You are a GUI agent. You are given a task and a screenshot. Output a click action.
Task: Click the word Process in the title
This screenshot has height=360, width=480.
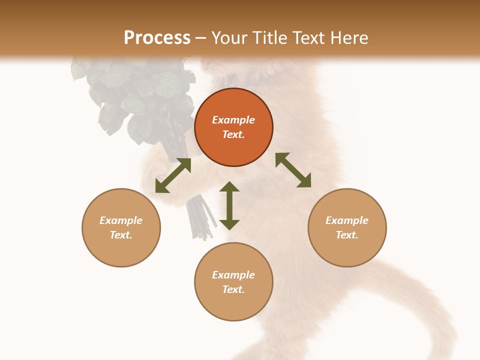[157, 38]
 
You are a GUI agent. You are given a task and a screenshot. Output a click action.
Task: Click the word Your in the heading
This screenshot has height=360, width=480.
[229, 38]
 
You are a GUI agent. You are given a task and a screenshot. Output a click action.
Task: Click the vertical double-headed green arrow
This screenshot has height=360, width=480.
[229, 205]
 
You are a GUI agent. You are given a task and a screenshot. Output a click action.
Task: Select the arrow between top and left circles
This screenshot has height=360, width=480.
[173, 175]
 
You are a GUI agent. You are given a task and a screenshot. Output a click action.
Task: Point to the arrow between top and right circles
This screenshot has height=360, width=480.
[293, 170]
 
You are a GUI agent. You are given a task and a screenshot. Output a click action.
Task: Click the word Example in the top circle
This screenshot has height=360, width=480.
[233, 120]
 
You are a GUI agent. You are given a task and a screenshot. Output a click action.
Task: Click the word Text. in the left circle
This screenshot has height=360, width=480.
[121, 235]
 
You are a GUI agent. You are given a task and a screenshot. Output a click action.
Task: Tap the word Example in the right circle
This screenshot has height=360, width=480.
[347, 220]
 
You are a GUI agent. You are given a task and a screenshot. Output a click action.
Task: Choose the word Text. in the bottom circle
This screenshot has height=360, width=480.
[233, 289]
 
